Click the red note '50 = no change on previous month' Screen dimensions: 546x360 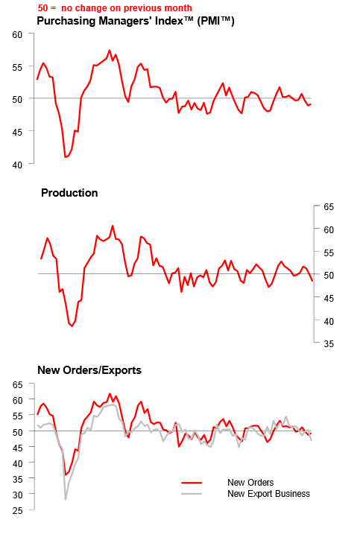coord(114,8)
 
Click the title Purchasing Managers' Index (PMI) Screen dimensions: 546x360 coord(136,21)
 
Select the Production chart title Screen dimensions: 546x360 coord(69,193)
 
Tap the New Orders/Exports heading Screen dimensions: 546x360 coord(89,369)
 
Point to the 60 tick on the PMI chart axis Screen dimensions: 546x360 coord(19,34)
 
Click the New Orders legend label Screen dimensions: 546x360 coord(250,483)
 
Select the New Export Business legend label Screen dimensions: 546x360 coord(268,494)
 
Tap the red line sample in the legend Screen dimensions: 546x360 coord(192,483)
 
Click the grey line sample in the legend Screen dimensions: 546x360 coord(192,494)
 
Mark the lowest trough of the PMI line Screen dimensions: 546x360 coord(66,157)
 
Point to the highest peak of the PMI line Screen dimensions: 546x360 coord(110,51)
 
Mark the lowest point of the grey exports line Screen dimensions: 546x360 coord(65,499)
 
